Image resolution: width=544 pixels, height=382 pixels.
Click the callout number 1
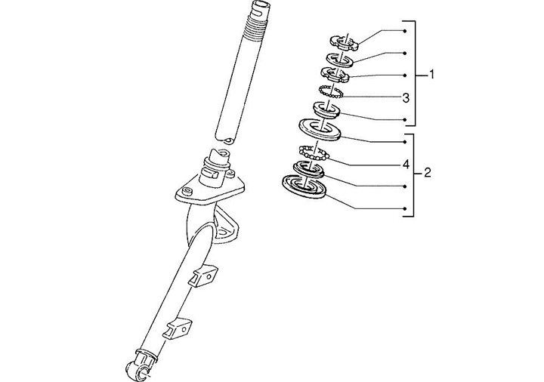432,74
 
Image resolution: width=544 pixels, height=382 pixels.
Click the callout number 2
427,173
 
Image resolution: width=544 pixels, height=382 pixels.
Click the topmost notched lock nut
342,42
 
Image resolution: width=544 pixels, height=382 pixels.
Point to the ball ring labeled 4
312,152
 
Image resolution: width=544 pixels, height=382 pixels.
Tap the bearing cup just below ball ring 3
327,109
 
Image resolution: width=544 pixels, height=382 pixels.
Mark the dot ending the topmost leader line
406,30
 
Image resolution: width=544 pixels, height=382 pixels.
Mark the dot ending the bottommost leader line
406,208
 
